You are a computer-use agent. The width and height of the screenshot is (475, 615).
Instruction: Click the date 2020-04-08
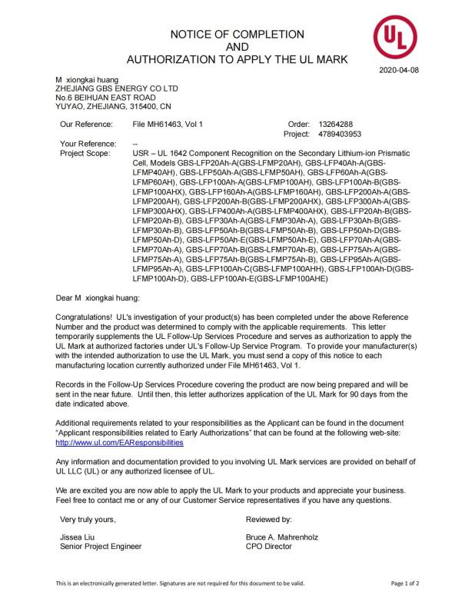point(399,71)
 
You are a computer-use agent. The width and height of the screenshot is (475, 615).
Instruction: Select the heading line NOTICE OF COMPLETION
point(237,34)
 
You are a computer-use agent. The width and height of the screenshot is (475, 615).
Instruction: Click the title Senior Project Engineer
point(101,547)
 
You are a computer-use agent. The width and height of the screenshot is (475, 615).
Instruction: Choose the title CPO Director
point(270,547)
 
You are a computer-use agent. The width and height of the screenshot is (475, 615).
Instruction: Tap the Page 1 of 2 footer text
point(404,583)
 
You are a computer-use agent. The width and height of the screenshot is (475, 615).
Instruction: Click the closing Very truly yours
point(88,520)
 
